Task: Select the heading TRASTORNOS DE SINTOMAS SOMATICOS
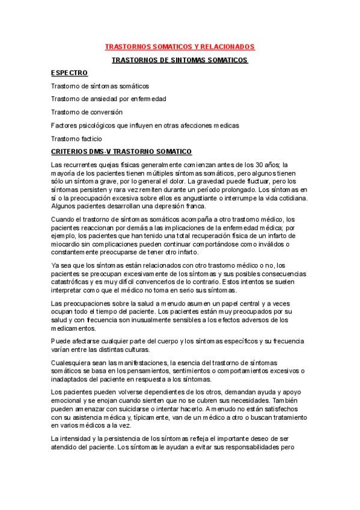[180, 60]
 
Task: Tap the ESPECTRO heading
[70, 73]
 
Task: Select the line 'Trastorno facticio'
[77, 138]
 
